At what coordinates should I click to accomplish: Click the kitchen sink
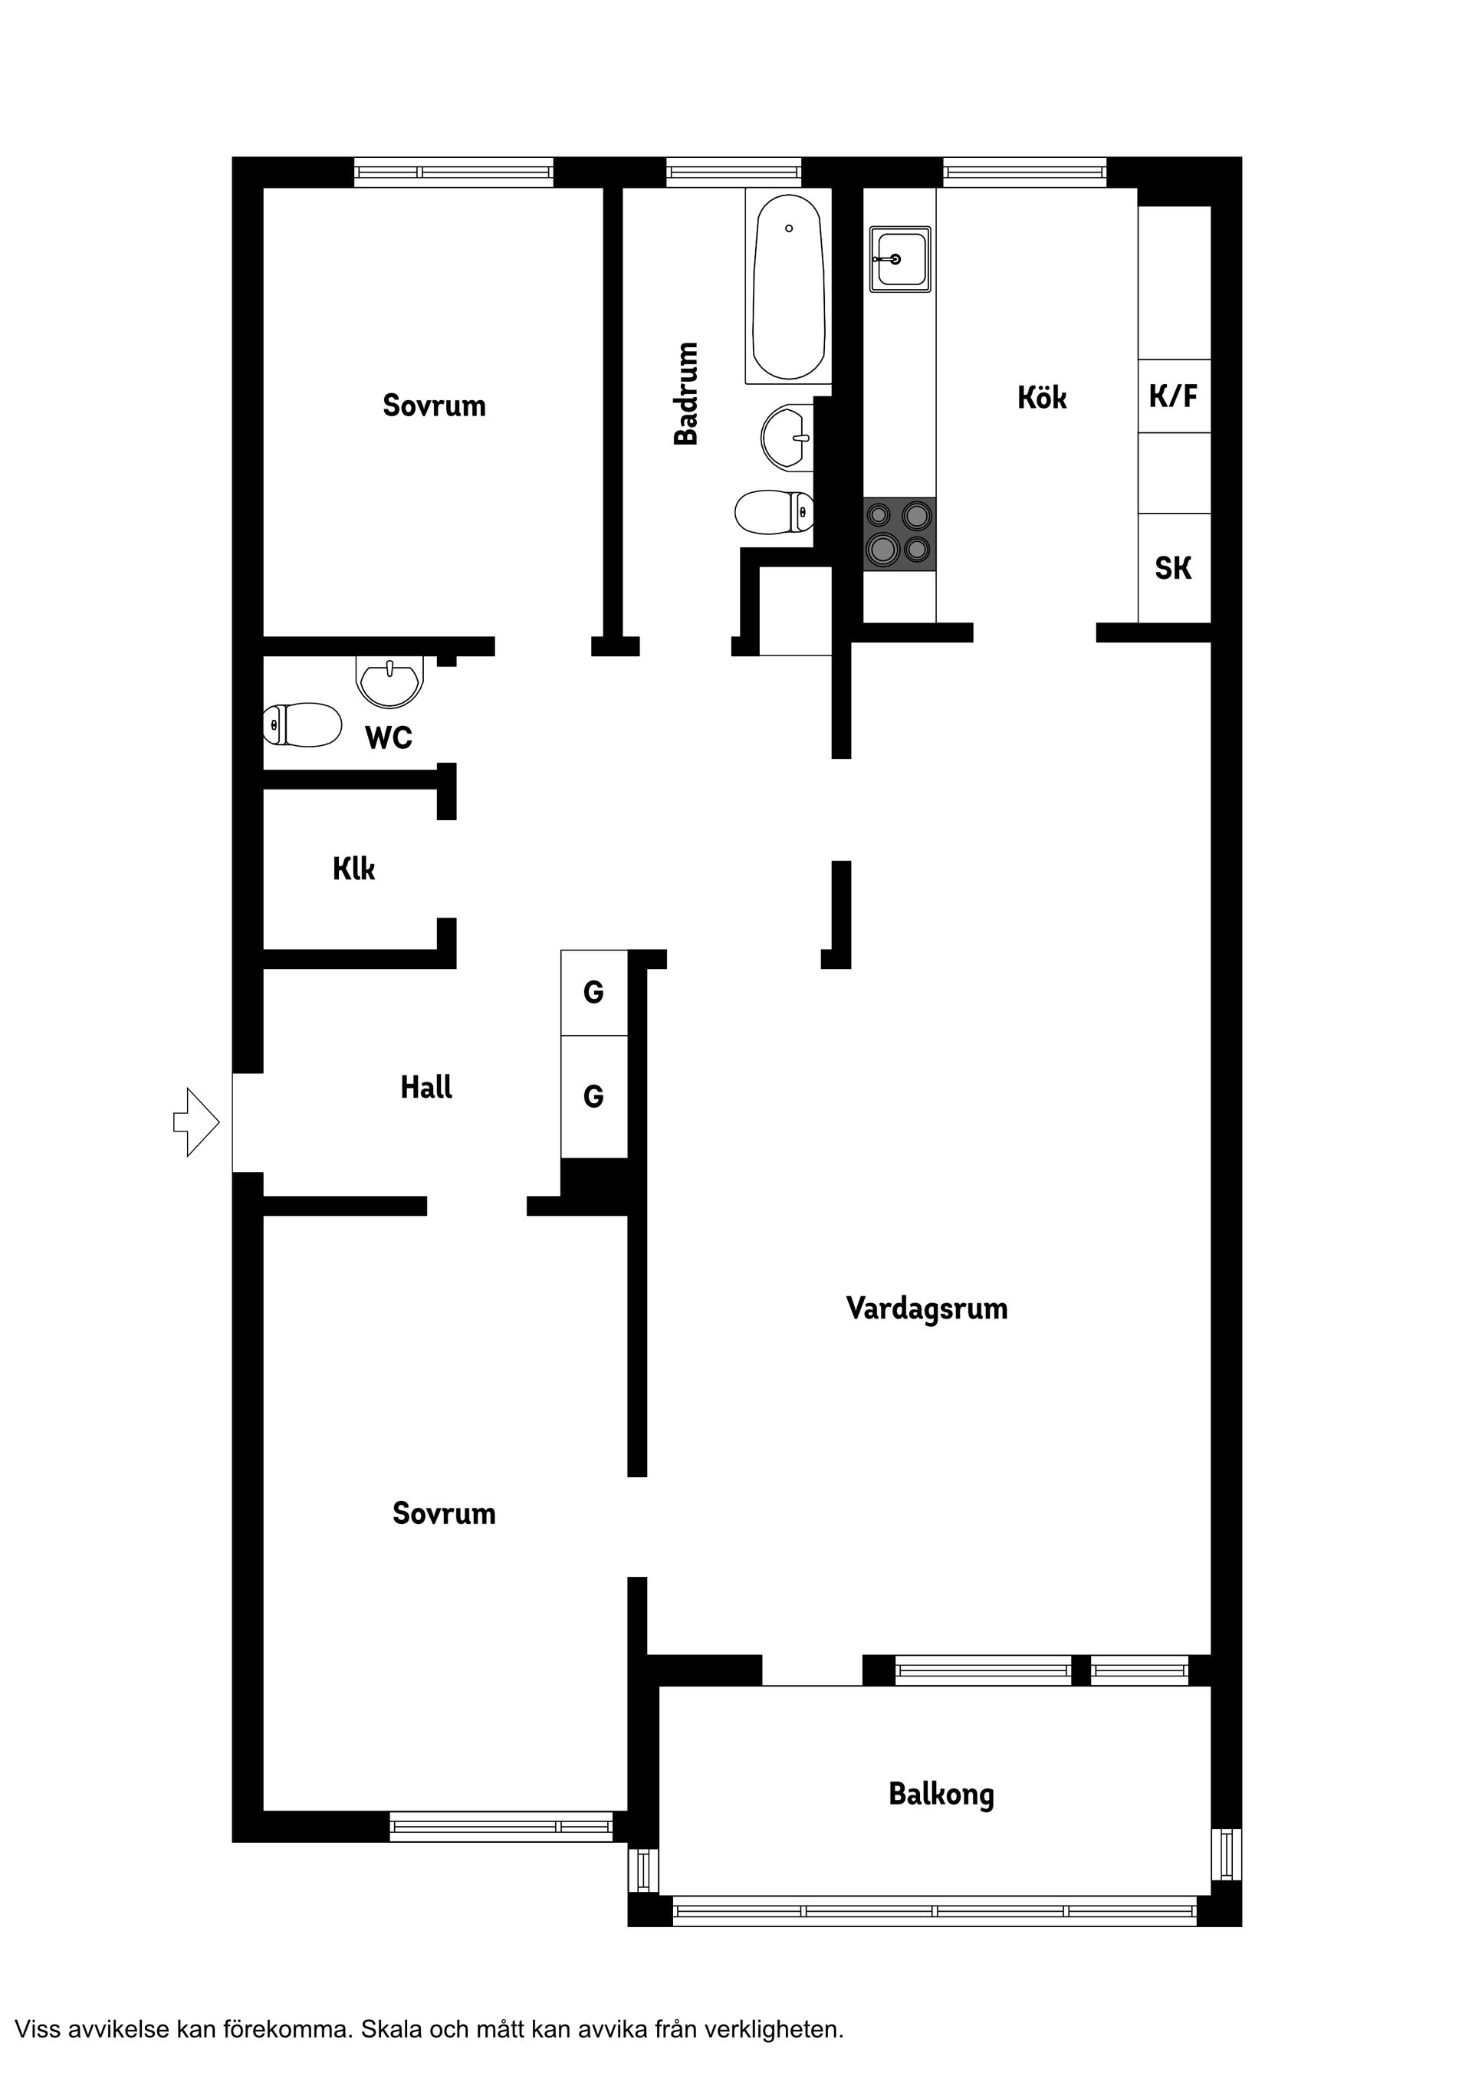[900, 259]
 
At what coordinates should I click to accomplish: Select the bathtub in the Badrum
[788, 287]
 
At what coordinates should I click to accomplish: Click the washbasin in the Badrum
[785, 438]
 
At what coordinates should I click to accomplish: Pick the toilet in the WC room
[302, 724]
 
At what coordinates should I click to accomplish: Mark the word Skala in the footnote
[392, 2029]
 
